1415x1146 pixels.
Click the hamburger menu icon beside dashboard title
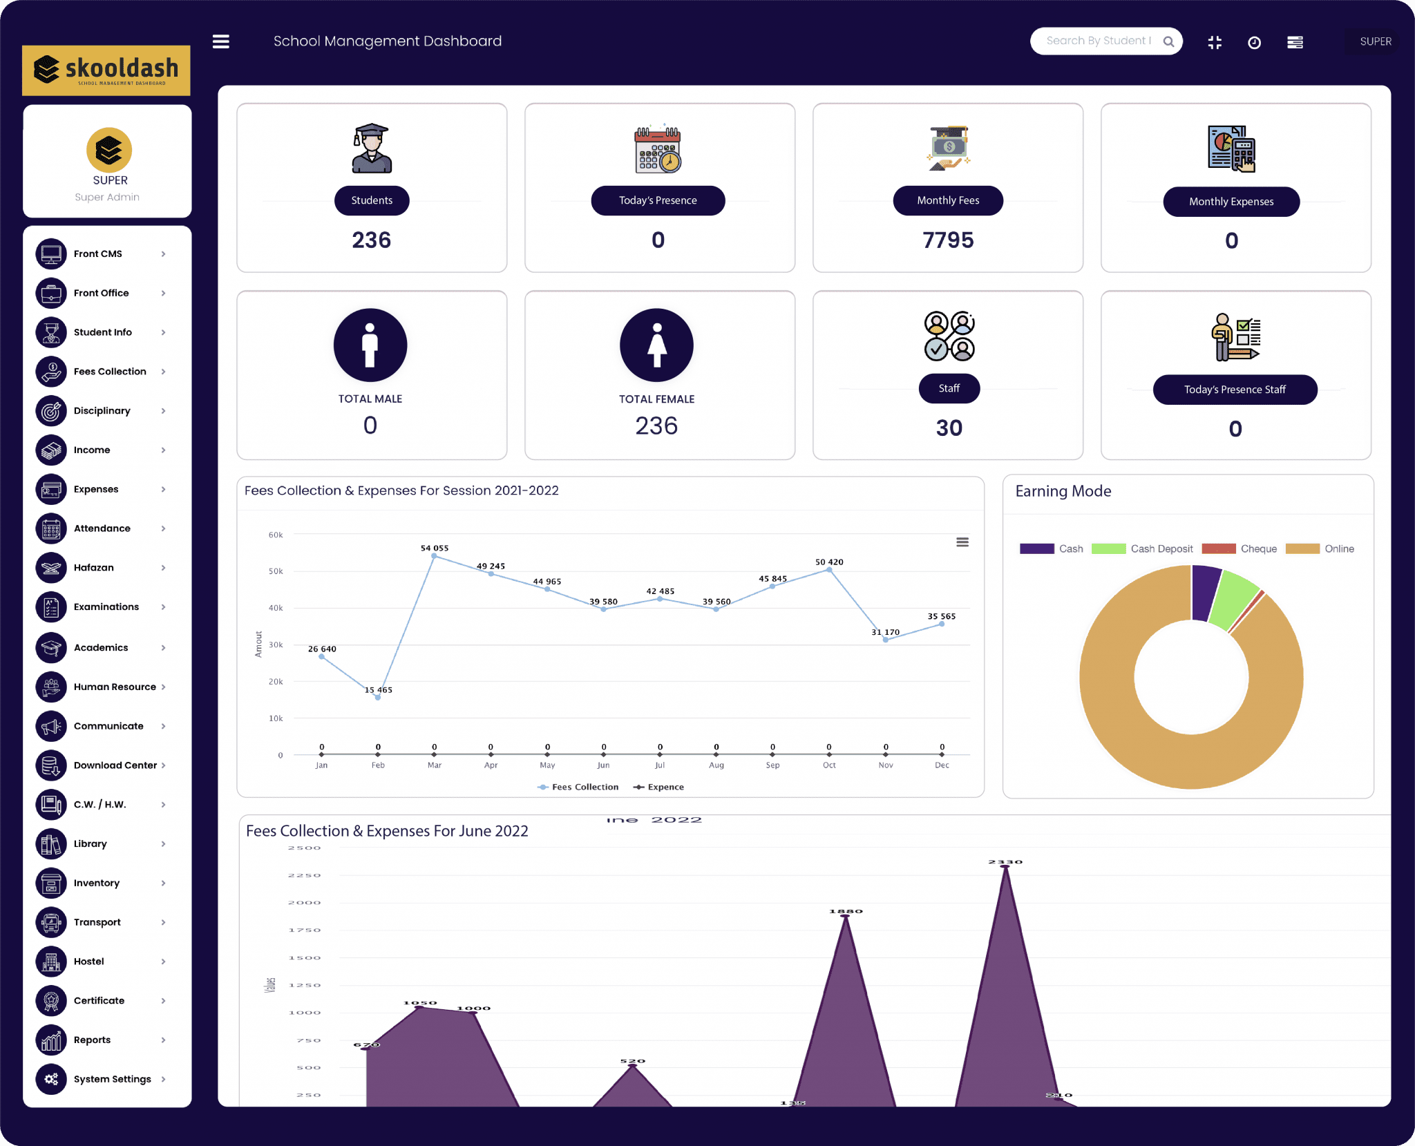(x=220, y=41)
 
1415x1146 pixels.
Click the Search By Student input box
(x=1098, y=41)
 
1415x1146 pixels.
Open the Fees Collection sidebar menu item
(x=109, y=372)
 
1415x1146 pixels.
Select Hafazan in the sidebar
(x=93, y=568)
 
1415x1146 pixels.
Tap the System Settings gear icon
(x=51, y=1079)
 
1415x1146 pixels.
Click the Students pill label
(x=372, y=200)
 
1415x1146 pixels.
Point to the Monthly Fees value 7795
(x=947, y=240)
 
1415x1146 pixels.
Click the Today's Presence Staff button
(x=1234, y=390)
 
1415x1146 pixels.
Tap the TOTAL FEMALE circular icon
(x=656, y=345)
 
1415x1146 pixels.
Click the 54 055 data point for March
(x=434, y=556)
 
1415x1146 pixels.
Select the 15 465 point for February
(x=378, y=698)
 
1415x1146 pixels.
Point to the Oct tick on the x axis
(x=829, y=765)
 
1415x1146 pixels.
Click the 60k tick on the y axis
(x=276, y=535)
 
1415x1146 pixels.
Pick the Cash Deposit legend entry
(x=1142, y=548)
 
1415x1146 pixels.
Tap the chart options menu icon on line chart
(x=962, y=542)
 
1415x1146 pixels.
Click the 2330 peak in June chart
(x=1005, y=868)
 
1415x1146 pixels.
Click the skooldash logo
(x=106, y=70)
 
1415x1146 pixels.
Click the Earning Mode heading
(x=1063, y=491)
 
